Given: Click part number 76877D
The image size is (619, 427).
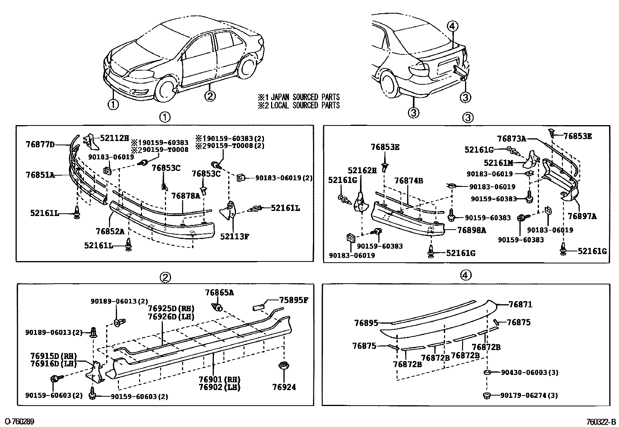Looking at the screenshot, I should coord(40,145).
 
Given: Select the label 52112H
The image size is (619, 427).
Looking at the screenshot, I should coord(114,138).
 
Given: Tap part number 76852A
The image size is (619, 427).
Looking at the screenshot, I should coord(110,232).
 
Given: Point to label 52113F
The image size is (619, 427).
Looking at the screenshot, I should coord(234,236).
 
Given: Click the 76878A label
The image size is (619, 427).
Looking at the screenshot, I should coord(185,196).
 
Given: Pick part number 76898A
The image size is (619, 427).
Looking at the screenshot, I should coord(472,230).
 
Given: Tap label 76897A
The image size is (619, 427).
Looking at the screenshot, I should coord(582,216).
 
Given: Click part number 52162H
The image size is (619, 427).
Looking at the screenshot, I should coord(362,170).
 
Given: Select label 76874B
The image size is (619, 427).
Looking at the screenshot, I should coord(409,181).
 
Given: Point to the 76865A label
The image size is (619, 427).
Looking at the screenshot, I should coord(220,293).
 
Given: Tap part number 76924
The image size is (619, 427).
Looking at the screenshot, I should coord(284,387).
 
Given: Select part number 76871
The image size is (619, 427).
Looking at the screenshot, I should coord(520,305).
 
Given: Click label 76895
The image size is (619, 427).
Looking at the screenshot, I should coord(366,323).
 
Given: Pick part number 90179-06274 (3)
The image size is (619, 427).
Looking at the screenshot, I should coord(529,396).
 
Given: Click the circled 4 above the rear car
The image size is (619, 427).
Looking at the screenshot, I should coord(452,26).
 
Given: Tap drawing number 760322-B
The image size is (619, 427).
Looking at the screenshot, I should coord(601,422).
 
